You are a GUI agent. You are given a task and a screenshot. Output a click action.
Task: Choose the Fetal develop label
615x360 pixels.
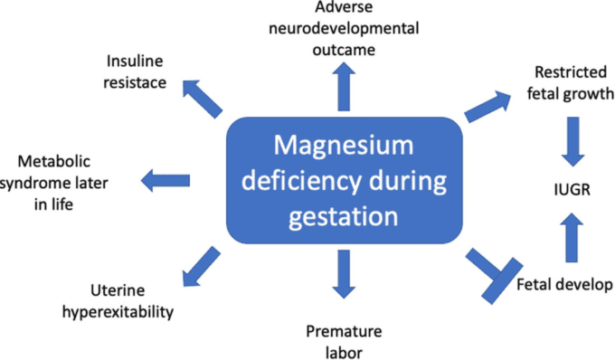click(564, 286)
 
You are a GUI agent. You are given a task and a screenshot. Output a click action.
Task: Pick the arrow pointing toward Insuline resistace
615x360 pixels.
click(203, 99)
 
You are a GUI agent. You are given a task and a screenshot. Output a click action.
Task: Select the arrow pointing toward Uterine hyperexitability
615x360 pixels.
click(200, 262)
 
